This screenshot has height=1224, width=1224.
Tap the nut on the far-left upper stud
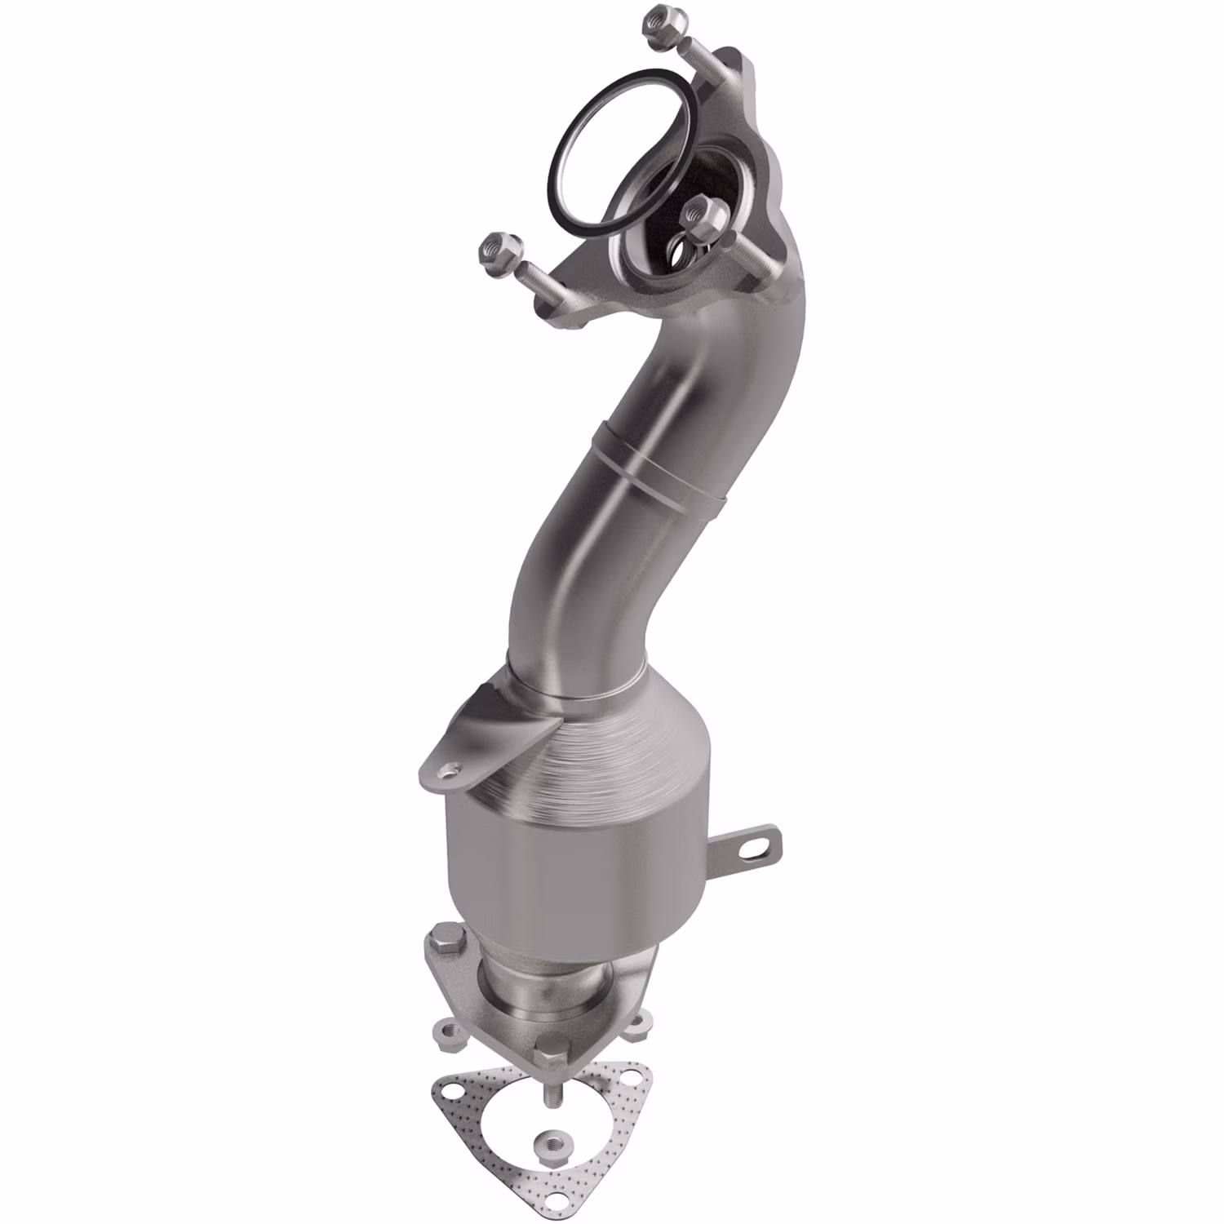point(495,248)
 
